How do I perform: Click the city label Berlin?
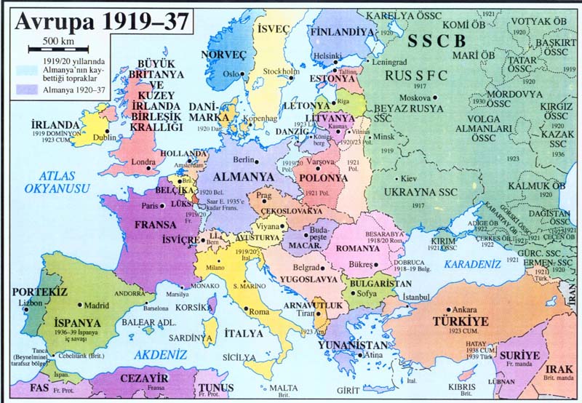click(x=243, y=159)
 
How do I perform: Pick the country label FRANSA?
click(x=157, y=224)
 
